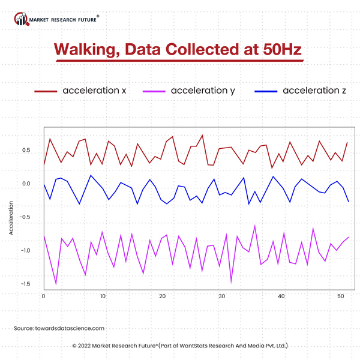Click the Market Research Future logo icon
tap(22, 20)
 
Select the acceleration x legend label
tap(94, 91)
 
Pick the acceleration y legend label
tap(203, 91)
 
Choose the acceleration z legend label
tap(314, 91)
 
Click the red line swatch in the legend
tap(44, 91)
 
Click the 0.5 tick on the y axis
tap(26, 150)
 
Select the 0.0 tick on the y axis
tap(26, 184)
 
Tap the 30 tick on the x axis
tap(221, 296)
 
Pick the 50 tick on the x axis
tap(340, 296)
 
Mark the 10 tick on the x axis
tap(103, 296)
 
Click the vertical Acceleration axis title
tap(11, 218)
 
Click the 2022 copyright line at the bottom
tap(180, 346)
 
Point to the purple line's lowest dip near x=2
tap(56, 283)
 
